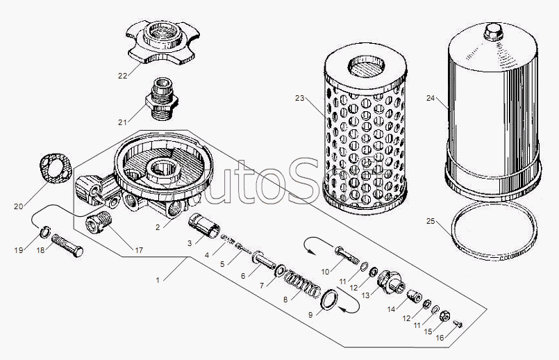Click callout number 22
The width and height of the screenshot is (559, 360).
coord(123,76)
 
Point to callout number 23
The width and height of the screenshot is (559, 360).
coord(299,99)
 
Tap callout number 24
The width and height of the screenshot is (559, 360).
coord(431,99)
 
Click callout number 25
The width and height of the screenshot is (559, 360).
coord(431,222)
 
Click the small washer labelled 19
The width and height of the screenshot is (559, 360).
coord(42,232)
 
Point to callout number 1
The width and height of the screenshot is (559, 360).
coord(158,280)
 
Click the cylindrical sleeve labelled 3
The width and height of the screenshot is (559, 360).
coord(204,227)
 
